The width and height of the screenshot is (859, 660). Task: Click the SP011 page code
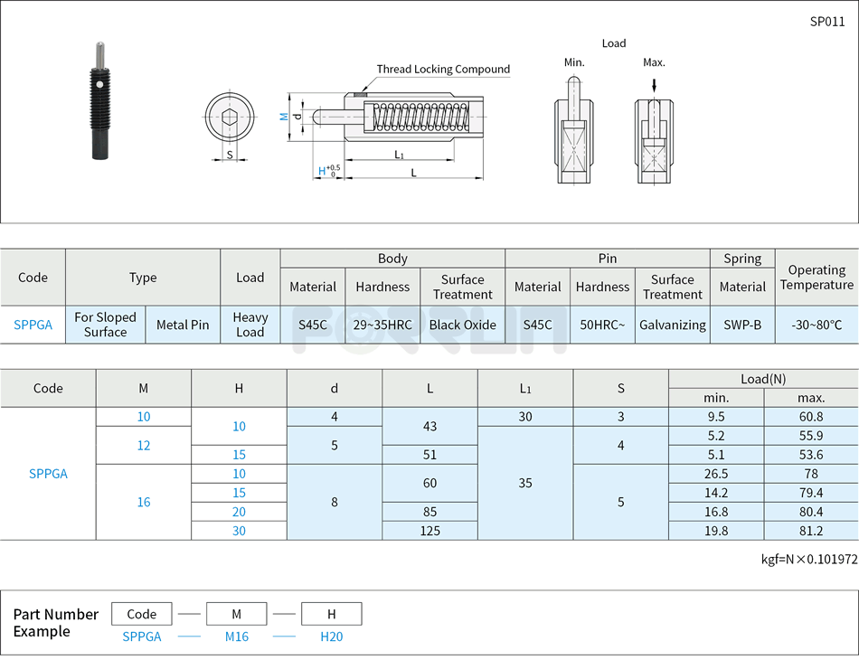[826, 22]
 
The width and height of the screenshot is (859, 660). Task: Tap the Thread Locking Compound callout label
[443, 70]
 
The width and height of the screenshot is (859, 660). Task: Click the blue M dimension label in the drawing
[283, 117]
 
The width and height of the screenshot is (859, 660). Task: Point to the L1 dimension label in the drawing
[399, 155]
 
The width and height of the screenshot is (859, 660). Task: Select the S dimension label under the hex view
[229, 155]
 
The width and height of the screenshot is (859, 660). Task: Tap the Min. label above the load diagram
[574, 62]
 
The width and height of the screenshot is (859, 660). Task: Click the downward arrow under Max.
[654, 84]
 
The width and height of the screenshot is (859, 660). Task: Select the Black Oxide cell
[462, 325]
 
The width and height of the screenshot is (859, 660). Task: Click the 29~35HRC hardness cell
[382, 325]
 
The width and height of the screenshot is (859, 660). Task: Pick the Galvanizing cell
[672, 325]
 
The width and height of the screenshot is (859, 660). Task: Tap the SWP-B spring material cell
[742, 325]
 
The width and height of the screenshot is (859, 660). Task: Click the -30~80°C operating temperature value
[817, 325]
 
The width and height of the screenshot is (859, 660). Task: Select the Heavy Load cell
[250, 325]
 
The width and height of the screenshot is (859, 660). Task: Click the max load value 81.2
[811, 531]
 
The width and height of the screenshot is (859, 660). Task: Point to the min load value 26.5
[716, 474]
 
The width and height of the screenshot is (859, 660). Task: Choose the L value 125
[429, 531]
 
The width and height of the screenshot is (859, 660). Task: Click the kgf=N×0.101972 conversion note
[808, 559]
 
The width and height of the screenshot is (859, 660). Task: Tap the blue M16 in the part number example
[237, 636]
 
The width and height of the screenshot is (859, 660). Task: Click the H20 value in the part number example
[332, 636]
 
